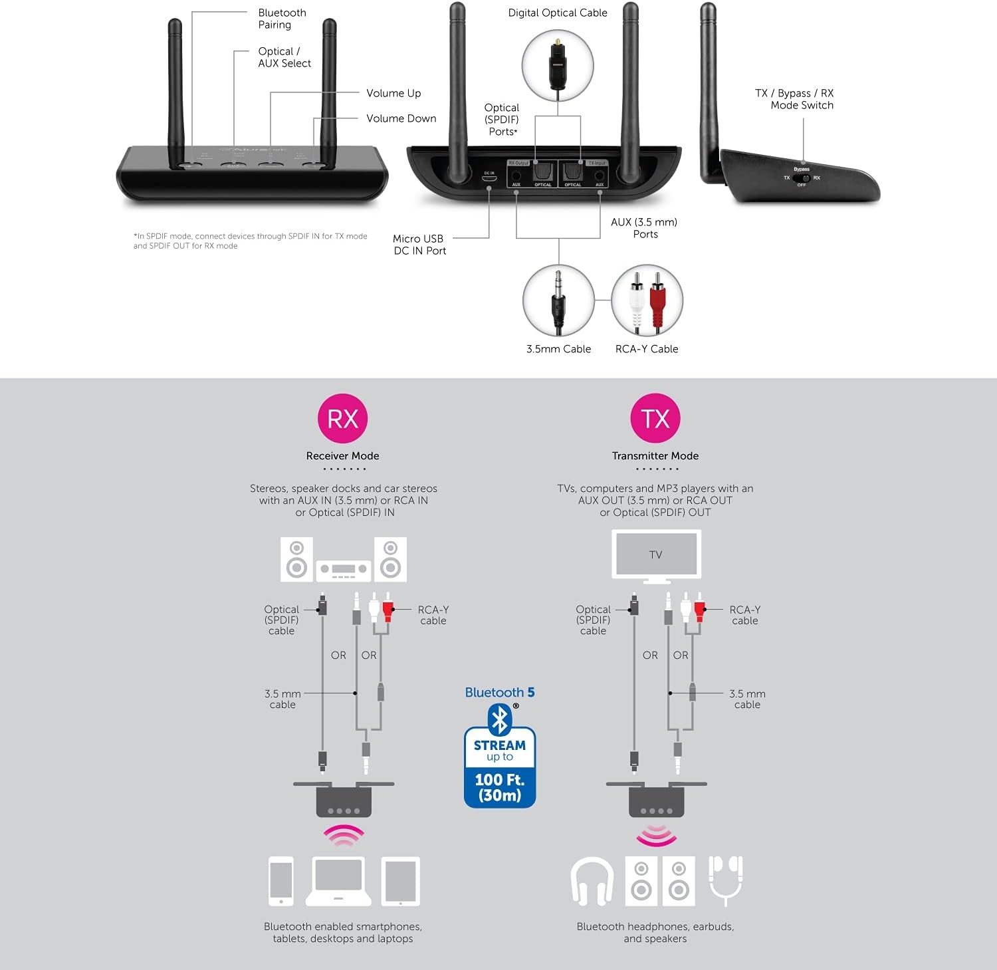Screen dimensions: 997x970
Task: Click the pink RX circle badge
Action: [x=342, y=418]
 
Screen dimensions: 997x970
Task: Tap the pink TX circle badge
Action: [x=655, y=418]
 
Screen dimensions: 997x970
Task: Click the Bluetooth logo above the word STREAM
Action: [x=499, y=719]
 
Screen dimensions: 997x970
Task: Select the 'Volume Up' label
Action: [x=393, y=93]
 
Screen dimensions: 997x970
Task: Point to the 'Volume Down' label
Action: [x=401, y=118]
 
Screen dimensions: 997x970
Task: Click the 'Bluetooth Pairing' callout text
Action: [x=282, y=19]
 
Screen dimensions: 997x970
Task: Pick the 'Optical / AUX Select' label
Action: [x=284, y=57]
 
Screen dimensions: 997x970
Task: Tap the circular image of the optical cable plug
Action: [x=558, y=65]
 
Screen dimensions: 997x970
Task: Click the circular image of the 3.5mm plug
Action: [x=558, y=301]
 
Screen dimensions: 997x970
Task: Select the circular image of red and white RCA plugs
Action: [x=647, y=301]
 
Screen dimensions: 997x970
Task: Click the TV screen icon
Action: [x=655, y=554]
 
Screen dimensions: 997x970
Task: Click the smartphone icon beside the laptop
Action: [x=280, y=881]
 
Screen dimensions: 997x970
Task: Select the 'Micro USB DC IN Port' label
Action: [x=419, y=245]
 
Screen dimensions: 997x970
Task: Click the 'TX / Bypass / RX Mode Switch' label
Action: [x=794, y=99]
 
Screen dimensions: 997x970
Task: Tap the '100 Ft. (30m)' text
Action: [x=500, y=787]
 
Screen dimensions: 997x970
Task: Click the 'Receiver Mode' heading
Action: [x=342, y=456]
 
